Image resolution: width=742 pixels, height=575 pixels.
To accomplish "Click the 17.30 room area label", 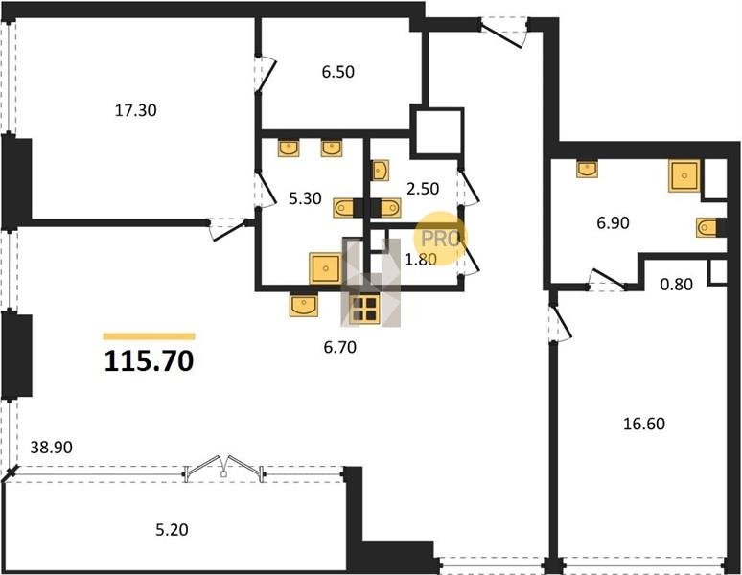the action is point(136,110).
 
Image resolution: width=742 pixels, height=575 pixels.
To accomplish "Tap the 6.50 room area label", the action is point(337,72).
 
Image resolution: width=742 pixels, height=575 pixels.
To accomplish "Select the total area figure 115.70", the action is point(149,361).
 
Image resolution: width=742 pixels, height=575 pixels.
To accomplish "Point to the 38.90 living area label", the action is point(51,448).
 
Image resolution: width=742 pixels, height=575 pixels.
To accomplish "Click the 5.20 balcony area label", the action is point(172,530).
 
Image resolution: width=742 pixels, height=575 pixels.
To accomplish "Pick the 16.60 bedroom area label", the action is point(644,424).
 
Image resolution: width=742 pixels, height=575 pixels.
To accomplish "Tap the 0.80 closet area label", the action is point(676,285).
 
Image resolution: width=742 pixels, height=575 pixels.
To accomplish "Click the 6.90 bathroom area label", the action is point(613,222).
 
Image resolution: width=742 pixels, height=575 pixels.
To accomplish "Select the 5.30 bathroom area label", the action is point(305,198).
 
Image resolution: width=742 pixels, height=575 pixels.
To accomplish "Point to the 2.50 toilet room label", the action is point(423,189).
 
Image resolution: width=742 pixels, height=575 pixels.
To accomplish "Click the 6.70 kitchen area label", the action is point(339,348).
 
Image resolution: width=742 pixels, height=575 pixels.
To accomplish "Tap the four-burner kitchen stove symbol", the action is point(364,310).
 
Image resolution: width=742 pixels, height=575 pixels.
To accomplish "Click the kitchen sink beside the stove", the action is point(304,305).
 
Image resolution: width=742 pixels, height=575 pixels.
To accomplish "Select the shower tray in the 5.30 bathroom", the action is point(325,268).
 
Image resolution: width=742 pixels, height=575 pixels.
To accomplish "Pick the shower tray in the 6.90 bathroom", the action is point(684,176).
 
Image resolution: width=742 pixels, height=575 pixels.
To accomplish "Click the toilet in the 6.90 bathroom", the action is point(707,227).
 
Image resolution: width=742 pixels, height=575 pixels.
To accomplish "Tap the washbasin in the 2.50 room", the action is point(381,171).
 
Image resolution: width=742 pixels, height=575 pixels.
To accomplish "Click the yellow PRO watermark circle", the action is point(440,238).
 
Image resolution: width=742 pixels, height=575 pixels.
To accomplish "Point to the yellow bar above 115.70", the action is point(149,336).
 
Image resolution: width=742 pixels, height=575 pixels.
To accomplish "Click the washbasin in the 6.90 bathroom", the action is point(587,169).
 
